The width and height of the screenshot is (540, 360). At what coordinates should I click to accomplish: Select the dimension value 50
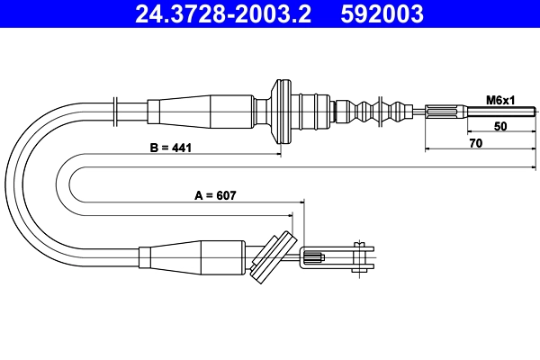(x=500, y=127)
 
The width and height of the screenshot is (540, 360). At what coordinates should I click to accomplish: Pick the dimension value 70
(x=476, y=143)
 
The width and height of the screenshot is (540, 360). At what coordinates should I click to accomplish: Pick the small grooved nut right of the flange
(x=341, y=112)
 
